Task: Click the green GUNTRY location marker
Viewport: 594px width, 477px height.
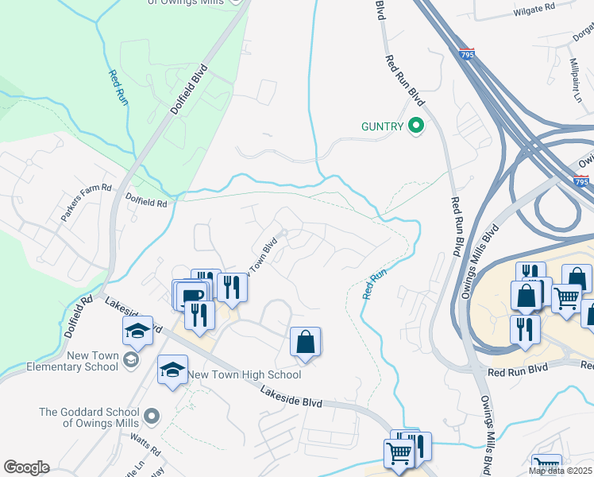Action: pos(415,126)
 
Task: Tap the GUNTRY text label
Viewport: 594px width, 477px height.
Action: pos(383,126)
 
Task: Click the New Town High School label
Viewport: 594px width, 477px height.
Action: pos(244,374)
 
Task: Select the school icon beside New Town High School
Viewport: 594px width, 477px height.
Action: pos(172,370)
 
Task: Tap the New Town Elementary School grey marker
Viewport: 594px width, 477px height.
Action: pos(131,362)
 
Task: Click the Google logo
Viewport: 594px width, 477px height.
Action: pos(26,467)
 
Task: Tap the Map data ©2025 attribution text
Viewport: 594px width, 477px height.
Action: pos(560,471)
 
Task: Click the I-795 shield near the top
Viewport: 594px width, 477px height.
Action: pos(467,54)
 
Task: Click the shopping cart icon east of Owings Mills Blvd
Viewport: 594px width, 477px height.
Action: pos(565,298)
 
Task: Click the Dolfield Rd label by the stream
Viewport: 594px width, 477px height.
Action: pos(145,204)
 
